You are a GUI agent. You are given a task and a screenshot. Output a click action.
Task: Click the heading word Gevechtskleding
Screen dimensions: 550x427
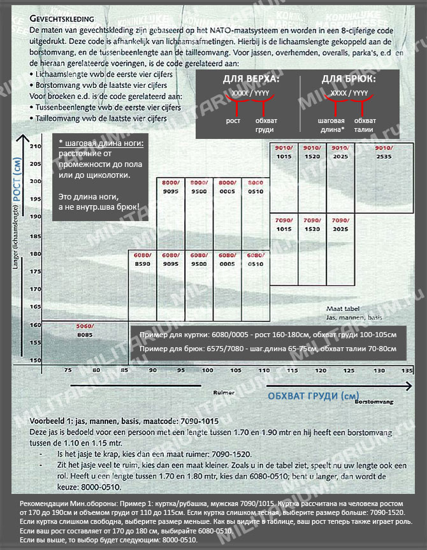pyautogui.click(x=62, y=20)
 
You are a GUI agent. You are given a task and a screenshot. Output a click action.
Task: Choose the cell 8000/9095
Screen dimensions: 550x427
pyautogui.click(x=170, y=186)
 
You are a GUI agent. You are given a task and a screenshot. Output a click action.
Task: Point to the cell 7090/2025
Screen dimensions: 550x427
pyautogui.click(x=340, y=224)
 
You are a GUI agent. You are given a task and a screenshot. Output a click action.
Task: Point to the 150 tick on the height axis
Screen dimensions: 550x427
pyautogui.click(x=35, y=361)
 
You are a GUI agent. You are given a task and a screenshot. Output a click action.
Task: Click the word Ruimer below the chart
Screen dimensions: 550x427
pyautogui.click(x=221, y=393)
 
